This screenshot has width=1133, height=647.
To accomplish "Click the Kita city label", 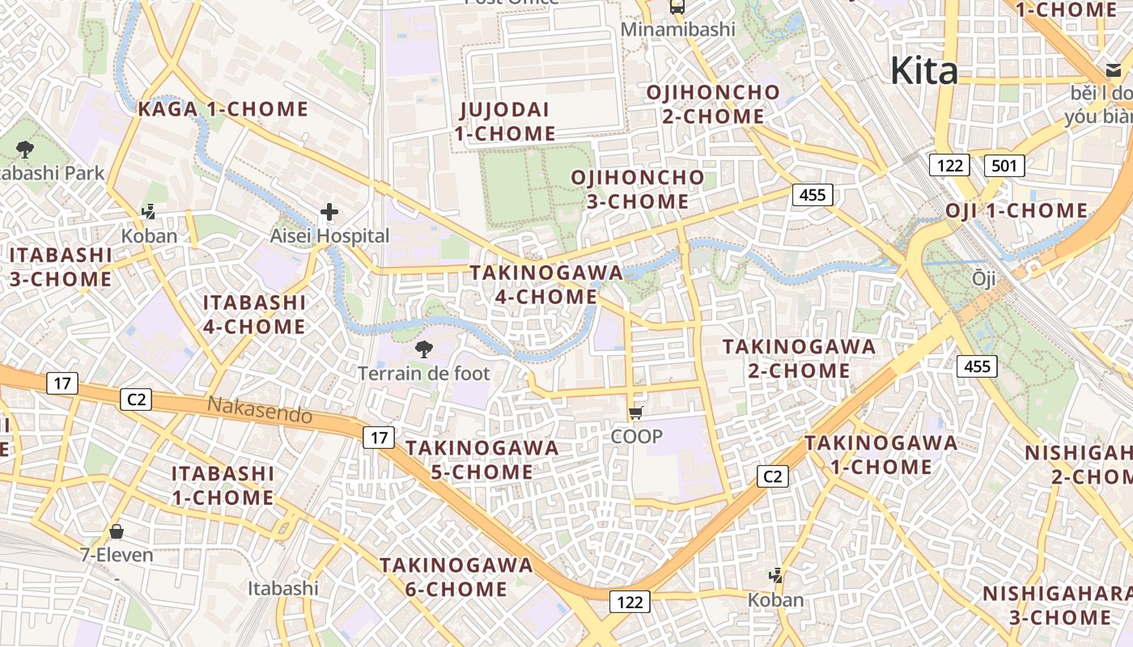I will point(924,70).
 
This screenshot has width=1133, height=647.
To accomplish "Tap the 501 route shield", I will point(1004,167).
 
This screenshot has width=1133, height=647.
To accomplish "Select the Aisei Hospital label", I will point(329,236).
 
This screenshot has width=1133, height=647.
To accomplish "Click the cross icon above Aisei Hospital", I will point(329,213).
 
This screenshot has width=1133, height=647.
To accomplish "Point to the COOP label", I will point(637,437).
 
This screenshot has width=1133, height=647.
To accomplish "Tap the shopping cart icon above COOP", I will point(636,413).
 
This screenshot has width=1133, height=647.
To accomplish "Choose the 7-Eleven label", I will point(117,555).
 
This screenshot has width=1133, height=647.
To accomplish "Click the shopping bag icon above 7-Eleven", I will point(117,531).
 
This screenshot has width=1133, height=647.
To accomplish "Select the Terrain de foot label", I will point(424,374).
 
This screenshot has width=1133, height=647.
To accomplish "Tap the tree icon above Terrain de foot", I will point(422,349).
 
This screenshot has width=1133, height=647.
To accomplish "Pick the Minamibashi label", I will point(678,30).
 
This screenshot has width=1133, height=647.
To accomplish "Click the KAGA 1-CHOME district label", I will point(223,109).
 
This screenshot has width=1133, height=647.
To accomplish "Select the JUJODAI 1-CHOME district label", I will point(504,121).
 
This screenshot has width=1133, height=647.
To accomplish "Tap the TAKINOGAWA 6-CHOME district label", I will point(457,577).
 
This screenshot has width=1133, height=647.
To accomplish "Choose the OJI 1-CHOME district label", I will point(1016,211).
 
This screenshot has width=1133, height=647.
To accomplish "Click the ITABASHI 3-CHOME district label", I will point(61,267).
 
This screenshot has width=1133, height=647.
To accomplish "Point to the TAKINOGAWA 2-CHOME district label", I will point(799,358).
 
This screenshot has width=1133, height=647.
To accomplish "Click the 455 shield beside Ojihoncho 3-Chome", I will point(813,194).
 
